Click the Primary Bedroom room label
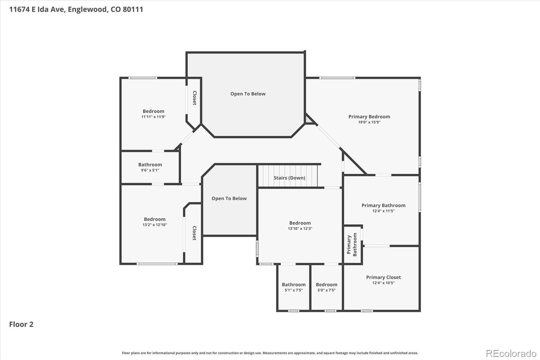tap(369, 117)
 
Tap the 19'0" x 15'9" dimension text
tap(369, 122)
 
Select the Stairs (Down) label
tap(289, 178)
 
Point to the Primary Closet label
tap(383, 277)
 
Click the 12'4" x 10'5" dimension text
tap(383, 283)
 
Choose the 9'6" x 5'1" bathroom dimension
tap(150, 170)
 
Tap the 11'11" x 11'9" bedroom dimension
tap(153, 117)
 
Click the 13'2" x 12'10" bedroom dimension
tap(155, 225)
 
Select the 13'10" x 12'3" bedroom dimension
tap(300, 229)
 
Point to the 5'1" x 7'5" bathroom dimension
tap(294, 290)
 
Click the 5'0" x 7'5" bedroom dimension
tap(326, 290)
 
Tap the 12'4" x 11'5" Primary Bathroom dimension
tap(383, 211)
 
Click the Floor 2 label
tap(21, 324)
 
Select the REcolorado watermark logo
tap(511, 354)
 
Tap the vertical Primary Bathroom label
tap(352, 245)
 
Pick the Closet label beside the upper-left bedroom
tap(194, 98)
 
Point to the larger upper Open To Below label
tap(248, 94)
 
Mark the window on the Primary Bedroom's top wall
tap(337, 78)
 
